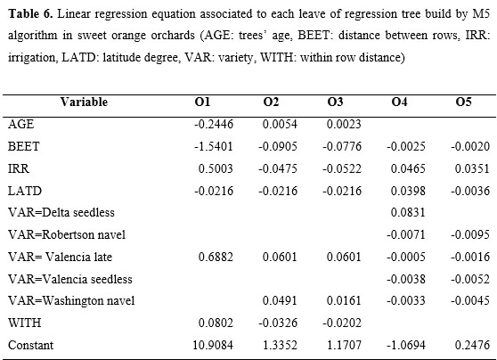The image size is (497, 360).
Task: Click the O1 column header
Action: [x=202, y=102]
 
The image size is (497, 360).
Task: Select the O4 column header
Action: [x=399, y=102]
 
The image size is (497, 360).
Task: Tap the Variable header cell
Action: [x=84, y=102]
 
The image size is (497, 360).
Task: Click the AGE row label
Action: [x=20, y=124]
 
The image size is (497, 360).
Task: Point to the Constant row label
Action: [x=31, y=345]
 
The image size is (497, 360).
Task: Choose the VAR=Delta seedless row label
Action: [x=61, y=212]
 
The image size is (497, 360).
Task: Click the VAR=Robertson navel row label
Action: [x=67, y=234]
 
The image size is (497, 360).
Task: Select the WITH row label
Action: [x=24, y=323]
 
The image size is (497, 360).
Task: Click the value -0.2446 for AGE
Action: [x=214, y=124]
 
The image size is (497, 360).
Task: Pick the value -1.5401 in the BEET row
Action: [x=214, y=146]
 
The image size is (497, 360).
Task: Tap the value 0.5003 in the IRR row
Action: [x=216, y=168]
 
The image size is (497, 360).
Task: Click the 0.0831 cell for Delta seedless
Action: [x=408, y=212]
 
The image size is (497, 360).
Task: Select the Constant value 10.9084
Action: [x=213, y=345]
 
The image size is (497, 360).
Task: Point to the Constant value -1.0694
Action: [x=406, y=345]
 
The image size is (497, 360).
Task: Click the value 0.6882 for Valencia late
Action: [x=216, y=257]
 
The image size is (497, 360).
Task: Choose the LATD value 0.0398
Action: [x=408, y=191]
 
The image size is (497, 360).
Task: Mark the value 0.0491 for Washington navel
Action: [x=280, y=300]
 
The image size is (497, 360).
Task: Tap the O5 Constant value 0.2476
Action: [x=472, y=345]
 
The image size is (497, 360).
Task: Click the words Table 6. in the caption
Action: [x=30, y=14]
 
